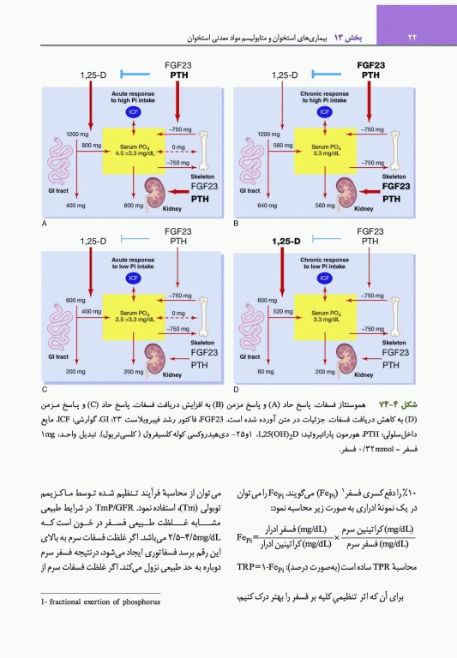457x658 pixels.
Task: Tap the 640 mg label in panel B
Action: (267, 206)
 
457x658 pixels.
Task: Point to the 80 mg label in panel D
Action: (267, 372)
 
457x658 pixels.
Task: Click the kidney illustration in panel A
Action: (155, 190)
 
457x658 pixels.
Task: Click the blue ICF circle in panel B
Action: (325, 111)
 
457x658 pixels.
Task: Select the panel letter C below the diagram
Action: (44, 389)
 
